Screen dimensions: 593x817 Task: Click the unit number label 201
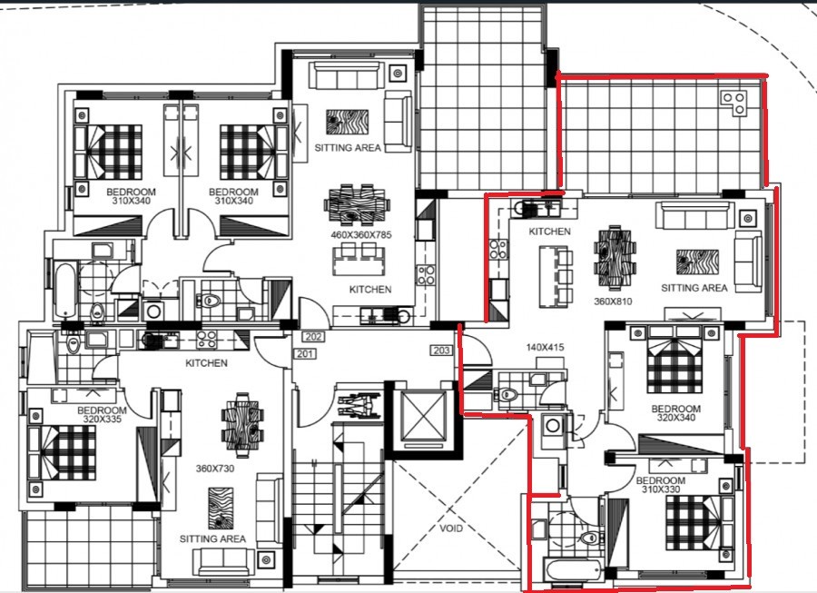(x=304, y=353)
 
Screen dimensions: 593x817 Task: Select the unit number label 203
(x=442, y=351)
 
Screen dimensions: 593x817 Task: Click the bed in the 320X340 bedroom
(x=675, y=368)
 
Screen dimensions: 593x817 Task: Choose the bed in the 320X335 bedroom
(x=64, y=451)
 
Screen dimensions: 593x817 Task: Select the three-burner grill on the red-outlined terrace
(x=733, y=103)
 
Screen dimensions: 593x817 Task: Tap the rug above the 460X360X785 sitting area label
(x=346, y=123)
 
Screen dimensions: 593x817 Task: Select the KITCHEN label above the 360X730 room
(x=206, y=363)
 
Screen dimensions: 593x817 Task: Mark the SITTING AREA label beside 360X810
(x=694, y=288)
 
